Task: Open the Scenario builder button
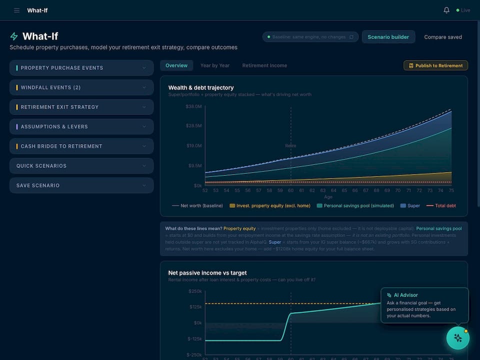[x=388, y=37]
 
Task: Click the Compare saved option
[x=443, y=37]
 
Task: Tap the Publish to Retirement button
[x=435, y=65]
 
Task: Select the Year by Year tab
[x=215, y=65]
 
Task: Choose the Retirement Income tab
[x=264, y=65]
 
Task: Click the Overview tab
[x=176, y=65]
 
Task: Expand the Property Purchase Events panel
[x=81, y=68]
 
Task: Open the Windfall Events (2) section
[x=81, y=87]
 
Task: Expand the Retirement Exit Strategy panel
[x=81, y=107]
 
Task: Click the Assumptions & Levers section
[x=81, y=126]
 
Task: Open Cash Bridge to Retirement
[x=81, y=146]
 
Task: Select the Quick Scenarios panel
[x=81, y=165]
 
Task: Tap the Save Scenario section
[x=81, y=185]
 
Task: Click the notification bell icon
[x=446, y=10]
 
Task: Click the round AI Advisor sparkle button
[x=457, y=338]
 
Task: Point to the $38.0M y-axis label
[x=193, y=106]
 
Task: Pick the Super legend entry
[x=410, y=205]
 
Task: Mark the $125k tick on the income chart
[x=195, y=306]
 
